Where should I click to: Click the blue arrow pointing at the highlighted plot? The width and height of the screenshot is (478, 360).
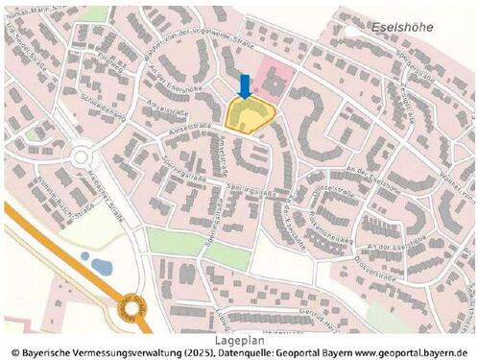pos(244,86)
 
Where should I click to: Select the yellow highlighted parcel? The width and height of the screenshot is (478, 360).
pos(250,116)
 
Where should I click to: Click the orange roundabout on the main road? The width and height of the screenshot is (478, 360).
pos(131,308)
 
